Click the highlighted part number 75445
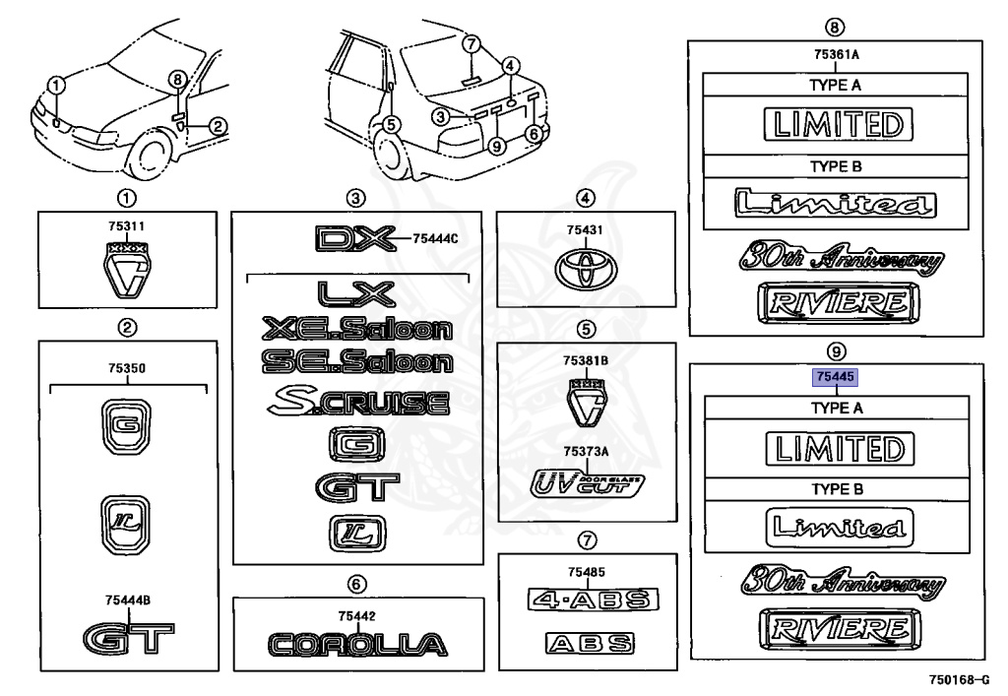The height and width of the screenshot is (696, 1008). tap(833, 377)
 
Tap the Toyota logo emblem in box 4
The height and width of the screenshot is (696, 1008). tap(586, 268)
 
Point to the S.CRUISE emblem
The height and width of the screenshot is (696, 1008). tap(357, 402)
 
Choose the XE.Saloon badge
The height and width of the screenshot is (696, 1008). tap(357, 329)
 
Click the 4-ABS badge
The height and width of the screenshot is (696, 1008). tap(592, 600)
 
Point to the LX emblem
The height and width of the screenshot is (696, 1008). tap(356, 294)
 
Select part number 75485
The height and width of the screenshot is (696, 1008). tap(586, 572)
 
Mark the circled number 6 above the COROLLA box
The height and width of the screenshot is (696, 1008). tap(357, 582)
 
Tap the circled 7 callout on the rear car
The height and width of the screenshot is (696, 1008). tap(471, 43)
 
